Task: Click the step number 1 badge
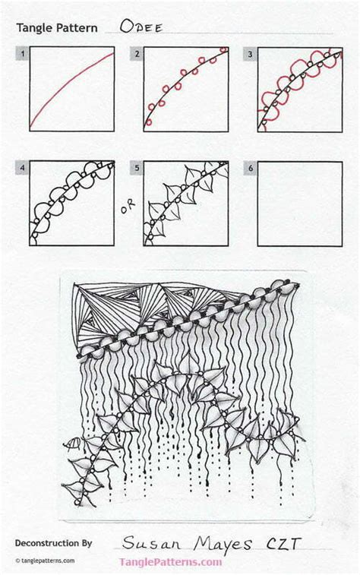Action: click(23, 53)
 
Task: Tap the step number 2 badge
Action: click(137, 53)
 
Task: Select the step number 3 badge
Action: click(250, 53)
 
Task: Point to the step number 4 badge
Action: click(23, 168)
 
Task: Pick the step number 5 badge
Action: click(137, 168)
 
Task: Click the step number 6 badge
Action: click(250, 168)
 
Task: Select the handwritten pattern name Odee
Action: click(141, 26)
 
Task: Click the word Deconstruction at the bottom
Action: click(47, 543)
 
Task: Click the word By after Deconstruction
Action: click(86, 543)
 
